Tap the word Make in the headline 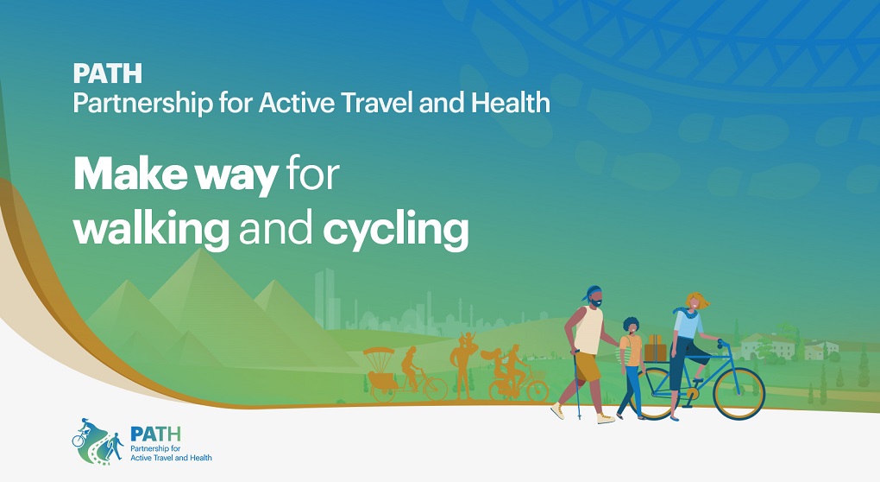point(130,174)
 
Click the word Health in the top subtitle point(511,103)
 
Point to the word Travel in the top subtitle point(378,103)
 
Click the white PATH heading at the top point(108,73)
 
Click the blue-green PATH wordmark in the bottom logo point(155,434)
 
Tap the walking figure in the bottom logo point(115,446)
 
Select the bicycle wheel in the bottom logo point(78,441)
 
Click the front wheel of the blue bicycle point(739,393)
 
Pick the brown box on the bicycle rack point(655,349)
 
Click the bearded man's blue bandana point(591,293)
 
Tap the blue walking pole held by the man point(576,384)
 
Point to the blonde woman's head point(696,301)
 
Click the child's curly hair point(631,323)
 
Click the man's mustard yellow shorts point(588,367)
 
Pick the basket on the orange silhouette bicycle point(537,374)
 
